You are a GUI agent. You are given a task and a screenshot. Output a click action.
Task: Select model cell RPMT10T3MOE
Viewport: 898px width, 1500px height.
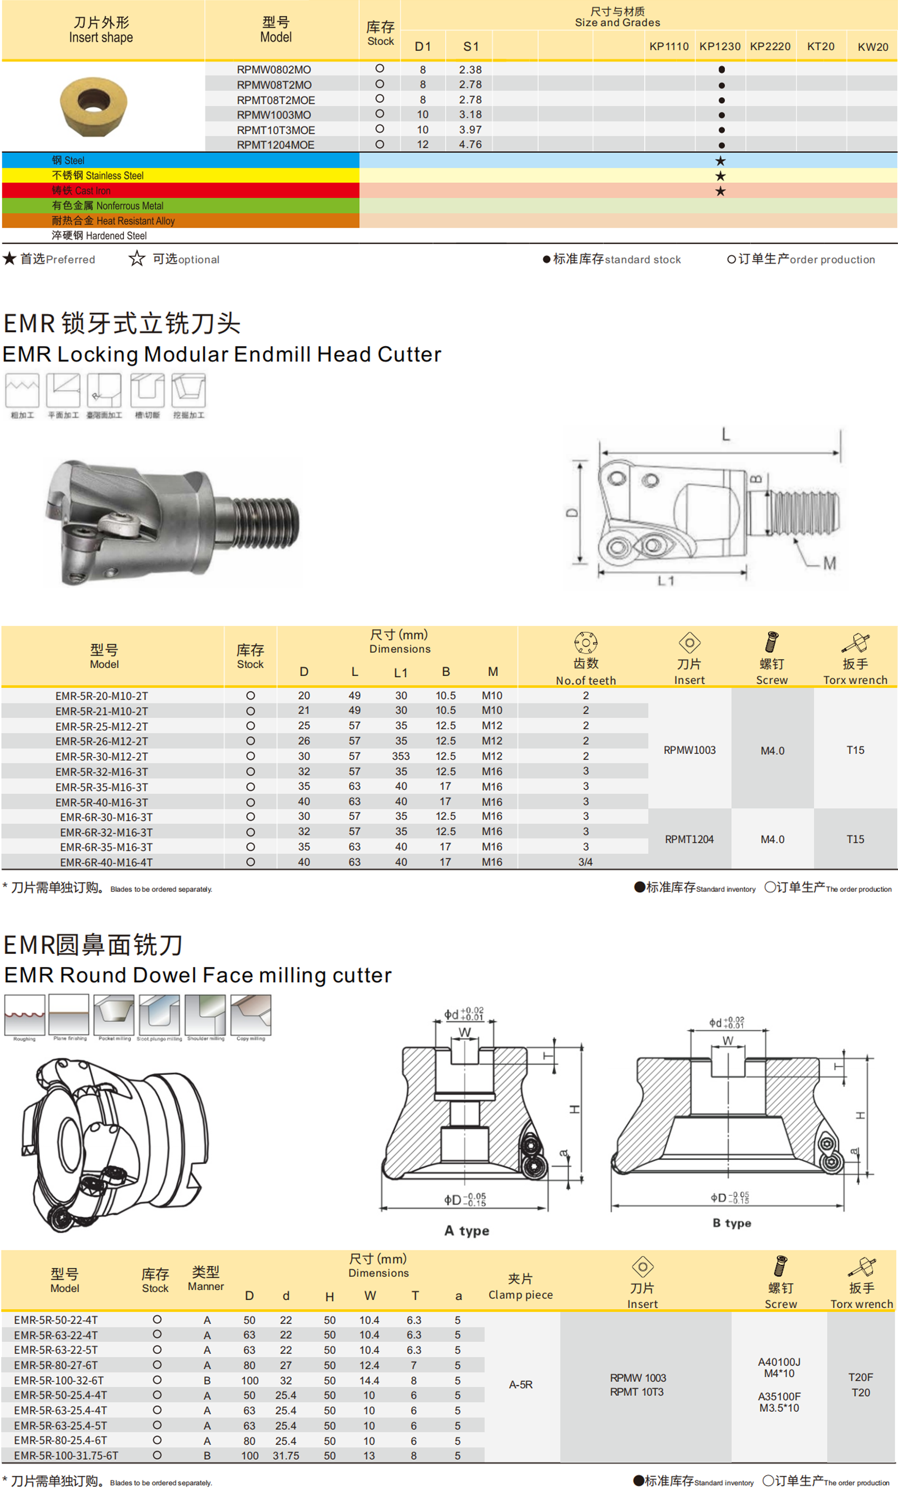click(275, 130)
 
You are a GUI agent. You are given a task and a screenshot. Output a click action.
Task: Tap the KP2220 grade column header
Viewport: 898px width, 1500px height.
click(770, 47)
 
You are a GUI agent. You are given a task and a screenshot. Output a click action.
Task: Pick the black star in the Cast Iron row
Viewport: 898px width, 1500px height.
click(720, 191)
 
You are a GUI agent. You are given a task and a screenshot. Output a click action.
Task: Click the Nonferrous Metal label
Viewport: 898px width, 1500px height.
click(107, 206)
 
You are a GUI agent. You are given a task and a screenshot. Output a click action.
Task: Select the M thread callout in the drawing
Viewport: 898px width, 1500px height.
click(829, 563)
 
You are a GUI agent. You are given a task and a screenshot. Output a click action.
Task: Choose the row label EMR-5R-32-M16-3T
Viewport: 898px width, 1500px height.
click(101, 772)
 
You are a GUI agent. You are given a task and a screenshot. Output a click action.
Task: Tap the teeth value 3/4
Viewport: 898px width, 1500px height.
click(585, 862)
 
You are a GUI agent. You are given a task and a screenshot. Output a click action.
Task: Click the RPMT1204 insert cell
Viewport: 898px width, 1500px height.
click(689, 840)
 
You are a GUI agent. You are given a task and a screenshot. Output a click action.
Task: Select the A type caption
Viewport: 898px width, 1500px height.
click(467, 1230)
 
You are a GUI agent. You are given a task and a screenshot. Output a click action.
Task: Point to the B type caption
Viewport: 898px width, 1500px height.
click(731, 1223)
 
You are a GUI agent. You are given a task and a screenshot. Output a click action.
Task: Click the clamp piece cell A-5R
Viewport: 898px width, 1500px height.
click(521, 1384)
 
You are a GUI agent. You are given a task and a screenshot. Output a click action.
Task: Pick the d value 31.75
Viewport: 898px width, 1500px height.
click(286, 1455)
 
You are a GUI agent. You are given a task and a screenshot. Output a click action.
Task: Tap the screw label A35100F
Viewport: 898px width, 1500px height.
click(779, 1397)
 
